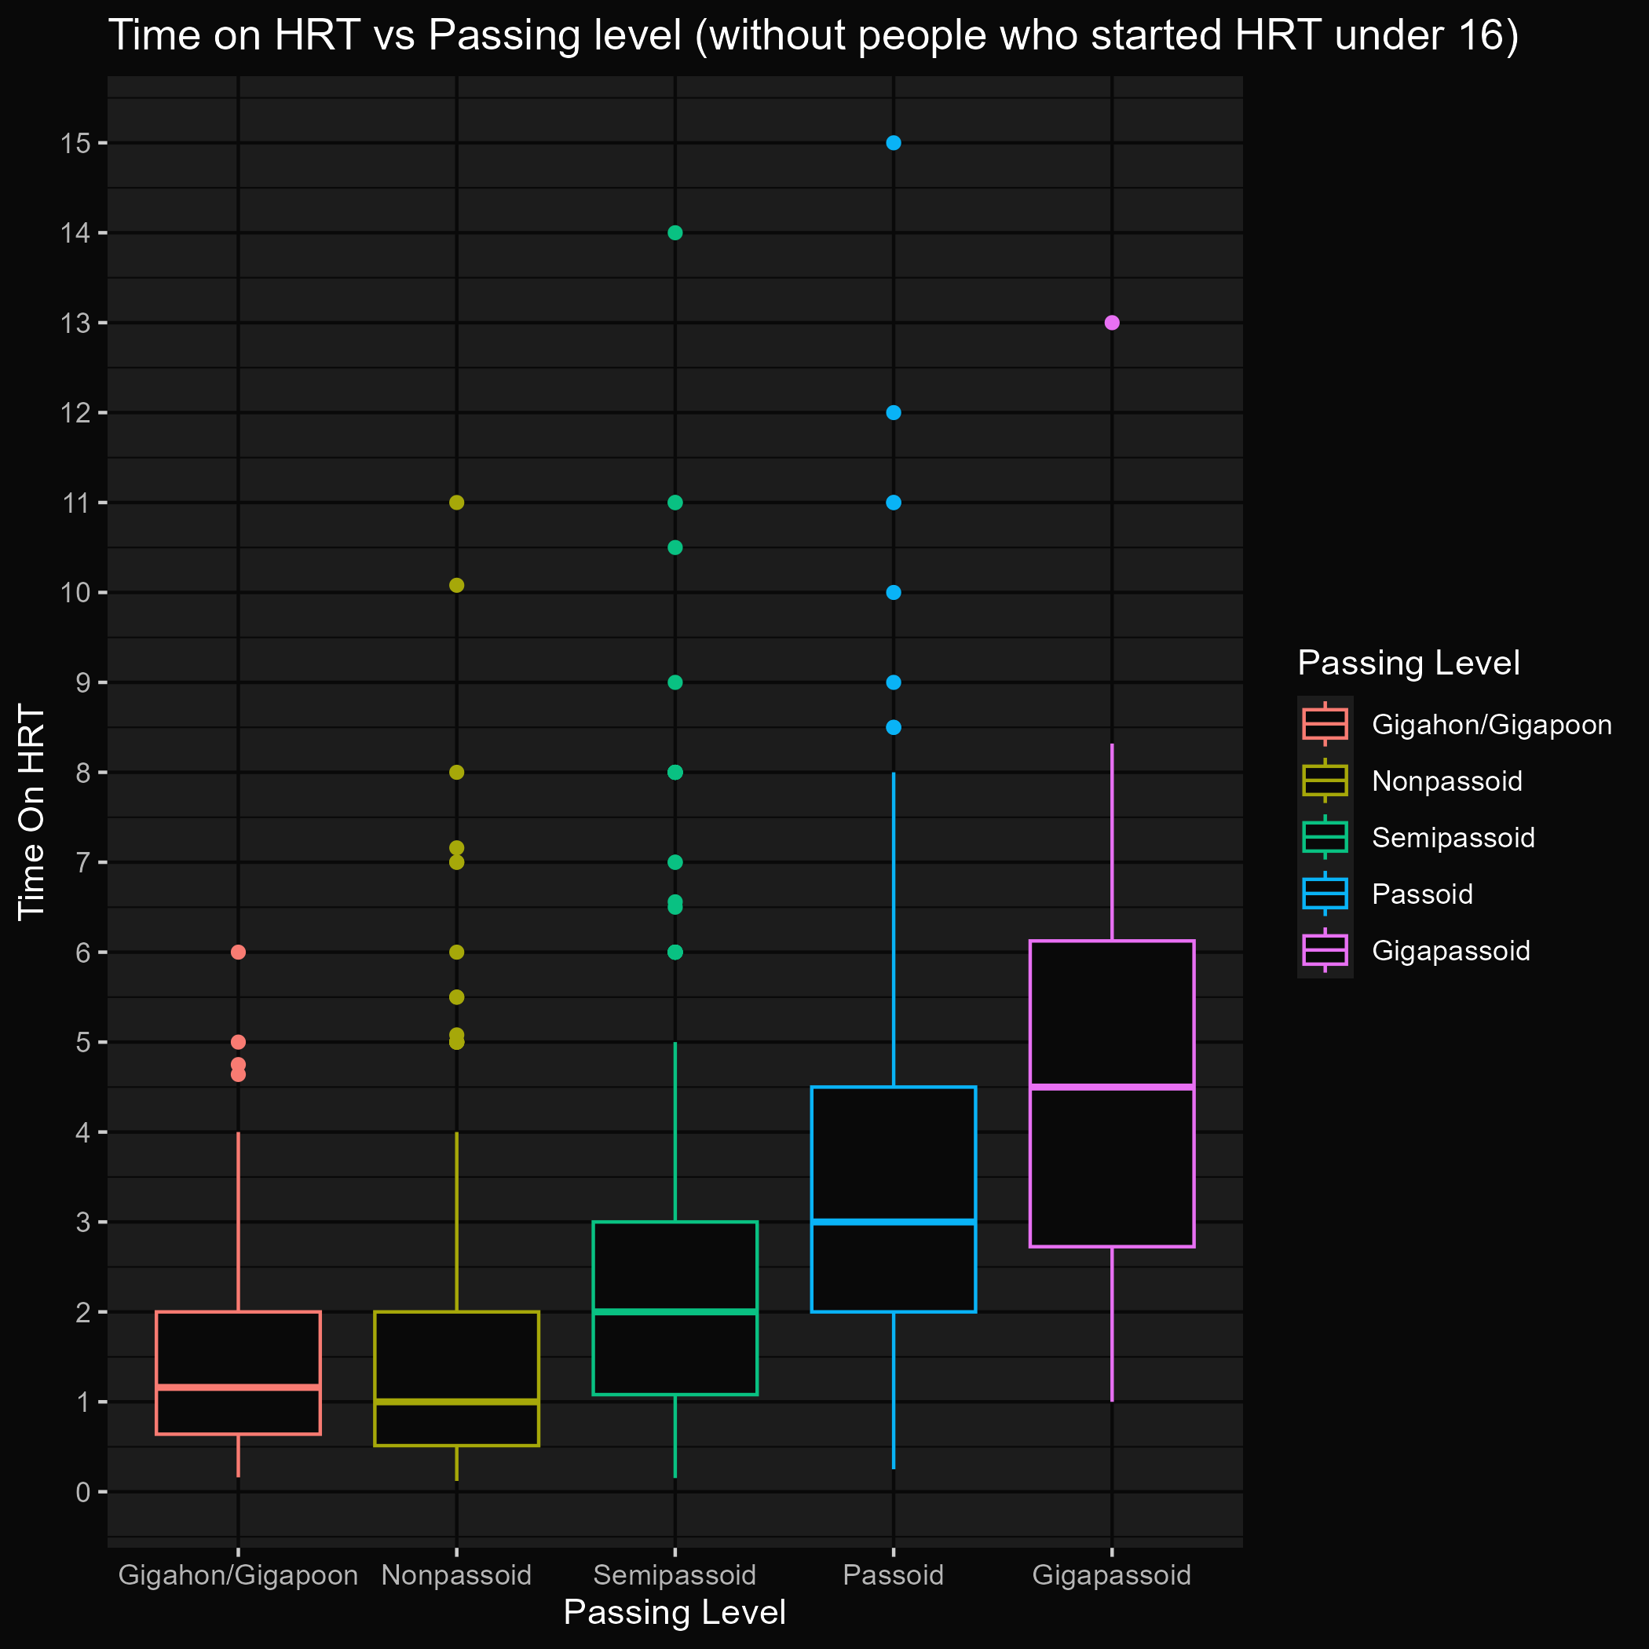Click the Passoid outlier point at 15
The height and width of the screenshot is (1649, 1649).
(x=894, y=143)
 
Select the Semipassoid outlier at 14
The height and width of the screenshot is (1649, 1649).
(x=675, y=233)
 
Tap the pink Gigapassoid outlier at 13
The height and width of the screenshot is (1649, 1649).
(x=1112, y=323)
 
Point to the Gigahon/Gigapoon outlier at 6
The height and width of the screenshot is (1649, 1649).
(x=238, y=952)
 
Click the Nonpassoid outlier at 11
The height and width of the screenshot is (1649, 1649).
(x=457, y=503)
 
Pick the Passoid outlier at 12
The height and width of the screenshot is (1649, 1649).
(x=894, y=413)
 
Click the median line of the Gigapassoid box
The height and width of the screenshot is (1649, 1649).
(x=1112, y=1088)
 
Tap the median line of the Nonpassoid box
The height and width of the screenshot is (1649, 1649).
(x=457, y=1402)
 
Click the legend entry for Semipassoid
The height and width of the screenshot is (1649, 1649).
(x=1453, y=838)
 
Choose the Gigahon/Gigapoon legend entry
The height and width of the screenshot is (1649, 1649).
(x=1491, y=726)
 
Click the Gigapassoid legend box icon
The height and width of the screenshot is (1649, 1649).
(x=1325, y=951)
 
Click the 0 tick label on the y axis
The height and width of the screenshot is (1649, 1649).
(x=82, y=1492)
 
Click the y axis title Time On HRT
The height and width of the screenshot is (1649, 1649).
(x=31, y=813)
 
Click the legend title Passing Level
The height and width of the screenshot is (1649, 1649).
(x=1408, y=664)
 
